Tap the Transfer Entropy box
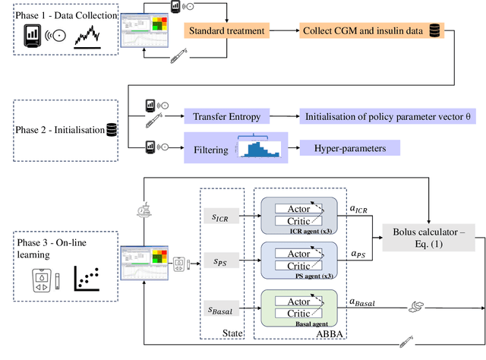click(x=226, y=116)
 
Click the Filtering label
click(x=211, y=149)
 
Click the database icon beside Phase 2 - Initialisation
click(x=112, y=129)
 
